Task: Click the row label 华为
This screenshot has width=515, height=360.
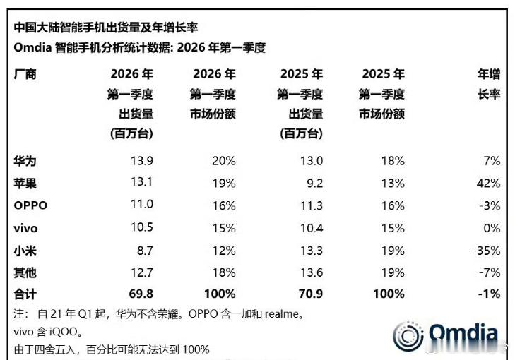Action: [x=25, y=161]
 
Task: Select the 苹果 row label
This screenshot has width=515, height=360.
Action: [x=25, y=183]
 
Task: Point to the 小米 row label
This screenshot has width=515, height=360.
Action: [x=25, y=250]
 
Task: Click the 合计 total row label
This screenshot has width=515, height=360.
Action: [x=25, y=294]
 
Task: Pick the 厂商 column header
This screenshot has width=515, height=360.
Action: [x=25, y=73]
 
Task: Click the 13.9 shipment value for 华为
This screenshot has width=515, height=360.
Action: [x=141, y=161]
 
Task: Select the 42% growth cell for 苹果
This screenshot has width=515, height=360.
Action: [x=488, y=183]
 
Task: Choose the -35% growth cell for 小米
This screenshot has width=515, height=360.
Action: [x=486, y=250]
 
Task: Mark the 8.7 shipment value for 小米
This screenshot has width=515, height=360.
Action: [x=143, y=250]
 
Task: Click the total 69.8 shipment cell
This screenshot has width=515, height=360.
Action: [x=141, y=294]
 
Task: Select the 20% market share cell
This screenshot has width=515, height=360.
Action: [x=224, y=161]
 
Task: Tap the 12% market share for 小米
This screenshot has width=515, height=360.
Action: [x=224, y=250]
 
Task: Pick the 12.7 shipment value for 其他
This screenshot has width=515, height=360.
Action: [x=141, y=272]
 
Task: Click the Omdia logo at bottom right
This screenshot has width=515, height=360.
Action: [x=446, y=335]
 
